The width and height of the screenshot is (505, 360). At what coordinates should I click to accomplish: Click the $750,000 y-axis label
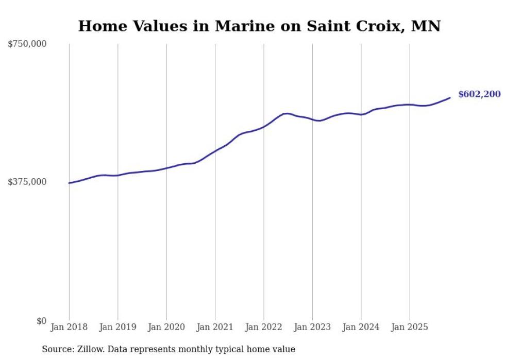pos(27,44)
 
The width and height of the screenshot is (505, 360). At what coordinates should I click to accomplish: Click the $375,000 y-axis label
pos(27,182)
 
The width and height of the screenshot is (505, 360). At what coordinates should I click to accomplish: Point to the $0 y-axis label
pos(41,321)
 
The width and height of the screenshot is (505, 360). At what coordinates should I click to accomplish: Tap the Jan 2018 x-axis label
pos(69,327)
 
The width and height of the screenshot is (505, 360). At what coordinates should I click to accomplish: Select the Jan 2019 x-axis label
pos(117,327)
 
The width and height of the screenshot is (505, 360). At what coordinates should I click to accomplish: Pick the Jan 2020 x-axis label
pos(166,327)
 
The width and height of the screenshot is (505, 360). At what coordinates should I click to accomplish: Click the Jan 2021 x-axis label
pos(215,327)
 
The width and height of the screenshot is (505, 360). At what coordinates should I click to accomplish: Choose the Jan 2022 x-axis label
pos(264,327)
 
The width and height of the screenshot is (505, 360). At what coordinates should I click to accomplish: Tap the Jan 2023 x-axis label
pos(312,327)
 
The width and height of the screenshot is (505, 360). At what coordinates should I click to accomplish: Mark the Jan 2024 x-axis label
pos(361,327)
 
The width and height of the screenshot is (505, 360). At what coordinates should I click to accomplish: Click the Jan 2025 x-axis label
pos(410,327)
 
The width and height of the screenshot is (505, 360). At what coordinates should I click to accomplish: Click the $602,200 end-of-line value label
pos(479,94)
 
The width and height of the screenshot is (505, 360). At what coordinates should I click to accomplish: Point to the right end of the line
pos(450,97)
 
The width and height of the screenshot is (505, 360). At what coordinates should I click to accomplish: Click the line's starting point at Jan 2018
pos(69,183)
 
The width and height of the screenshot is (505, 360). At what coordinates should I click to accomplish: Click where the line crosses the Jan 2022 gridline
pos(264,126)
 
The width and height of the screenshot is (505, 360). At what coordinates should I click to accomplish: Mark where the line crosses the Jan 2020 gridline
pos(166,168)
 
